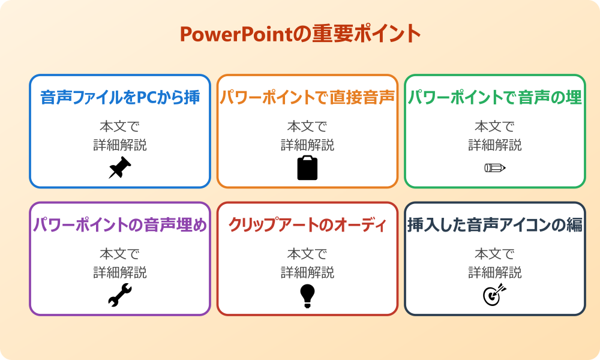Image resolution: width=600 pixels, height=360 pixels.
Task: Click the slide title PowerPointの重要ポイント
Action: [x=300, y=34]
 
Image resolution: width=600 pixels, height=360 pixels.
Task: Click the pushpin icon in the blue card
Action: [x=120, y=168]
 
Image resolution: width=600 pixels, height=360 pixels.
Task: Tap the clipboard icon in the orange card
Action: [x=307, y=168]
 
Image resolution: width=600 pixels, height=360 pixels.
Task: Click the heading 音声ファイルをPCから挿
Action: [x=120, y=97]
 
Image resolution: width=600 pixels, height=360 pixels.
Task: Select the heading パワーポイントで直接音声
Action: [x=307, y=97]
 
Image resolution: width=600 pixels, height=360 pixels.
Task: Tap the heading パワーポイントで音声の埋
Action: [x=495, y=97]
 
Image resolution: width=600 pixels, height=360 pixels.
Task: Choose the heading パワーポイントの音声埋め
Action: [x=120, y=225]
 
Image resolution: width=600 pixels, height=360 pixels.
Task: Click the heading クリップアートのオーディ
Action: [x=307, y=225]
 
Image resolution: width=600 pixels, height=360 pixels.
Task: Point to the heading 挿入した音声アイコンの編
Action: [x=495, y=225]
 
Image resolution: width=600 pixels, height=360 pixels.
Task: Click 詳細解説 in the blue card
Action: [x=120, y=145]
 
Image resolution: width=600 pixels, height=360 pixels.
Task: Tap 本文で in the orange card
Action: [x=307, y=127]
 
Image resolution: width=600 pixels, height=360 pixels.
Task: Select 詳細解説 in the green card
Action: [x=495, y=145]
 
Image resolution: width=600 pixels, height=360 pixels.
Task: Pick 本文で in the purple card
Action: [x=120, y=254]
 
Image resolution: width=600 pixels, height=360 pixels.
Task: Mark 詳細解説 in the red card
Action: [x=307, y=272]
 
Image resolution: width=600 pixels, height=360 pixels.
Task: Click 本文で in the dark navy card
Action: [x=495, y=254]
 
